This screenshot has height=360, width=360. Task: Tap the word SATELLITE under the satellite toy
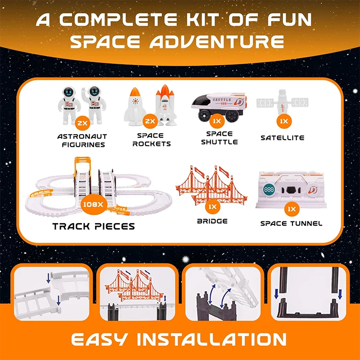(282, 138)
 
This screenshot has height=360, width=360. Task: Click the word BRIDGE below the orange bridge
(212, 221)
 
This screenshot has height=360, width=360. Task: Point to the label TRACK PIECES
(94, 226)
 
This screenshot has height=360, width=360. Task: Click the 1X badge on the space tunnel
(292, 209)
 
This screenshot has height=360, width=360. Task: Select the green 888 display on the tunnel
(270, 190)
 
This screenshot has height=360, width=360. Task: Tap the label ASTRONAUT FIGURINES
(81, 140)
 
